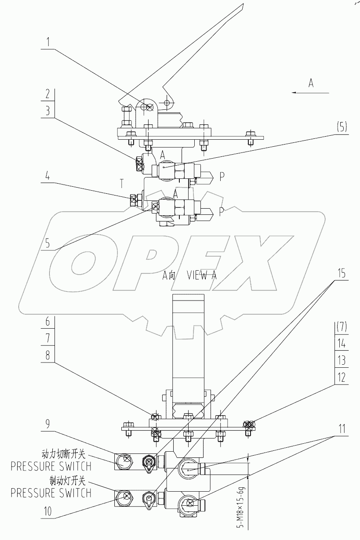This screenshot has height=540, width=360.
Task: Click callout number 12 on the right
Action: click(341, 377)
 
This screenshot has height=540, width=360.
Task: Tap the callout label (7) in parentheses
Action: click(341, 327)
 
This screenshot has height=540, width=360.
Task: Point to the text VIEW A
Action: click(202, 275)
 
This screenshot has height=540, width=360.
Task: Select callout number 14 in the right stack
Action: click(341, 344)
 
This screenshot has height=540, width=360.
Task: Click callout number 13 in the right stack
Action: click(341, 361)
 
